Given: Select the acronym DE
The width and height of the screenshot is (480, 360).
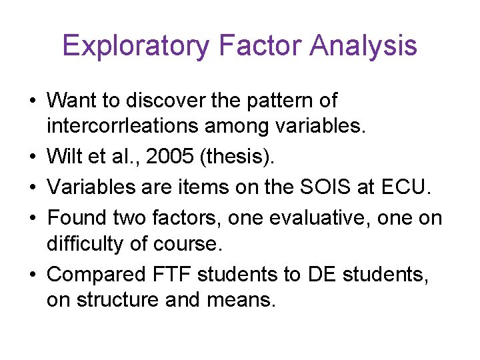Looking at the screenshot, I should (x=323, y=273).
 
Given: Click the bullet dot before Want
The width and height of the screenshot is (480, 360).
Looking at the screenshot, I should (x=33, y=101).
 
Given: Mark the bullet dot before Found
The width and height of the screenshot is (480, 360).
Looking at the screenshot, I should (x=33, y=218).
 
